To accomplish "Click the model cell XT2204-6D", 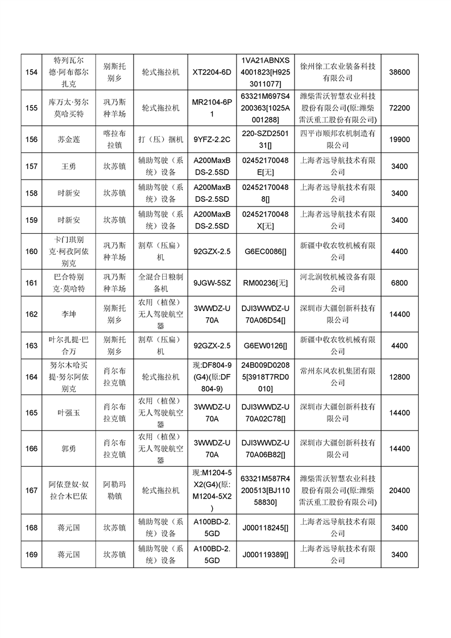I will (x=212, y=72).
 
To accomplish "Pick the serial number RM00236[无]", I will (x=266, y=283).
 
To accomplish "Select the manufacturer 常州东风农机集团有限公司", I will (x=338, y=377).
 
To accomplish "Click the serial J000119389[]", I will (x=266, y=554).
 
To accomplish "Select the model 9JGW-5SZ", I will (x=212, y=283).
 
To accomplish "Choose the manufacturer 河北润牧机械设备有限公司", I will (x=338, y=283).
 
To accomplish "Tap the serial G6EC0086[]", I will (x=266, y=251).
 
